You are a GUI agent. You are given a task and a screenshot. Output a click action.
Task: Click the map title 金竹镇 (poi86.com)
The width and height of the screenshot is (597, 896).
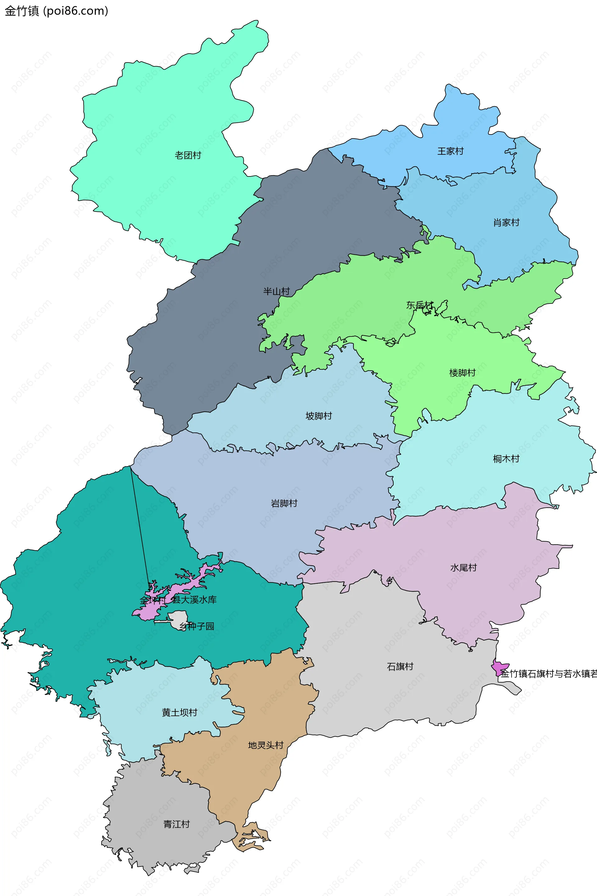click(56, 11)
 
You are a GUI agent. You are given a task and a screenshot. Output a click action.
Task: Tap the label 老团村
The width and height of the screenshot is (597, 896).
click(188, 155)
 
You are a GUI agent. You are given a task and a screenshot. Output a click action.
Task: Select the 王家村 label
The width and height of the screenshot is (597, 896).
click(451, 151)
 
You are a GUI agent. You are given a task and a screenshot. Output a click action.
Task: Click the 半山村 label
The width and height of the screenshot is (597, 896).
click(276, 291)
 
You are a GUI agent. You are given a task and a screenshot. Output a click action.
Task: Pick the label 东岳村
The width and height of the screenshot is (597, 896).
click(419, 305)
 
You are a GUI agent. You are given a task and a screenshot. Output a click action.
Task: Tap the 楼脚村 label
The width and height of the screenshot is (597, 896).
click(462, 373)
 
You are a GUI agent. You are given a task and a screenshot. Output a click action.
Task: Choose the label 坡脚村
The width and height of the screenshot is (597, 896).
click(319, 416)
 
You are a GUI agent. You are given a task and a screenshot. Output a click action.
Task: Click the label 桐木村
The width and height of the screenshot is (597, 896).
click(506, 459)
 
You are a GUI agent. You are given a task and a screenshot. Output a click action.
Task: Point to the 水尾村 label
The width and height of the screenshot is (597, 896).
click(463, 568)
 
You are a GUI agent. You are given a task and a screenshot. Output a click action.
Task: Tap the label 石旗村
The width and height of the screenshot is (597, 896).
click(400, 667)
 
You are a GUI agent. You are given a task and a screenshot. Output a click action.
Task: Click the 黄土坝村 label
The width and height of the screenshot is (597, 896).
click(179, 713)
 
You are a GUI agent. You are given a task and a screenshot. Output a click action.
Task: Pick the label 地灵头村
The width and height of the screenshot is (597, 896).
click(266, 745)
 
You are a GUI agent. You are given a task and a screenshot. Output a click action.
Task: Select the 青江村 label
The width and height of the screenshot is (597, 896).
click(176, 825)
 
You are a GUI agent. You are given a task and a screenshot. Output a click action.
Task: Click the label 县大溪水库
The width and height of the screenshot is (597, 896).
click(194, 600)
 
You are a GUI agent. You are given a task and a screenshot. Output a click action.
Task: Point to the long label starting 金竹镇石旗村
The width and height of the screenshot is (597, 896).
click(548, 674)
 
